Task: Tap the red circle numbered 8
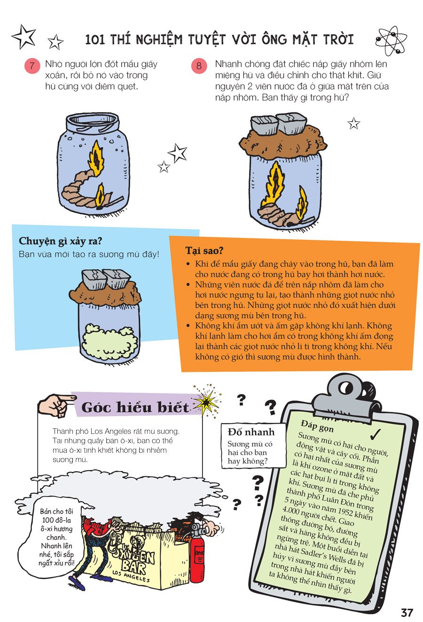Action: (199, 66)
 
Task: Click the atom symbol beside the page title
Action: (392, 40)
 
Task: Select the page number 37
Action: (407, 612)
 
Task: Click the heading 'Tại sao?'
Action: (204, 251)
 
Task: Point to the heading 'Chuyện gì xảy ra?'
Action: (60, 241)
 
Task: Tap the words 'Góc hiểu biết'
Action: (135, 407)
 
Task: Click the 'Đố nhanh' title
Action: (251, 432)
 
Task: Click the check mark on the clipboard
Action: (376, 434)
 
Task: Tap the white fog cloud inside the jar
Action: (110, 341)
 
